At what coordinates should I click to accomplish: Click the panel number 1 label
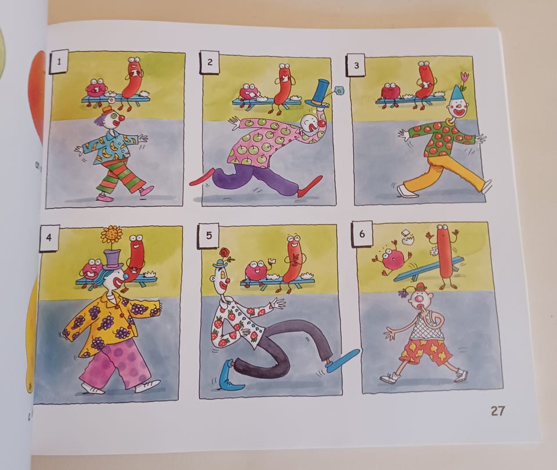59,62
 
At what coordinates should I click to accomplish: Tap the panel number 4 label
49,237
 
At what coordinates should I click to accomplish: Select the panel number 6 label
361,234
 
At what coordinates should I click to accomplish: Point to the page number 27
497,411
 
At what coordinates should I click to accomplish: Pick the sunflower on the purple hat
111,236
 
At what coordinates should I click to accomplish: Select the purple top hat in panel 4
113,259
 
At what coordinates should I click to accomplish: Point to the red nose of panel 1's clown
121,117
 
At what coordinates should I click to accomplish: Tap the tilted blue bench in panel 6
426,269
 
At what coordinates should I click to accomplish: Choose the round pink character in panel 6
392,258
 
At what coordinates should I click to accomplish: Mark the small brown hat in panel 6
421,287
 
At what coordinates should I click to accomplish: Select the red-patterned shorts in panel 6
425,351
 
